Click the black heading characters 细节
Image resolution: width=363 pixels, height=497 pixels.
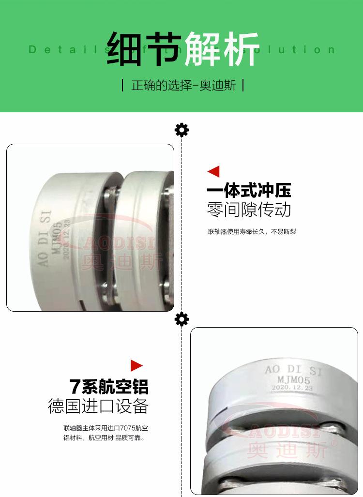(144, 49)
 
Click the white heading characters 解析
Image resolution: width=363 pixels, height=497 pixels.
(222, 49)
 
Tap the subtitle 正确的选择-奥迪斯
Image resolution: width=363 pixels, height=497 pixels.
(183, 86)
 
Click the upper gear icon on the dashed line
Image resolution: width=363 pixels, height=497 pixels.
(181, 130)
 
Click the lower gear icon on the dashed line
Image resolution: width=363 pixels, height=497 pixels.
(181, 319)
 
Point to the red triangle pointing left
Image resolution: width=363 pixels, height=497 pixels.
(213, 171)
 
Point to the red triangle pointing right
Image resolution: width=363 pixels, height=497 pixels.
(136, 366)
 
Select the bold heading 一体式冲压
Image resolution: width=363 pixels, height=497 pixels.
(249, 190)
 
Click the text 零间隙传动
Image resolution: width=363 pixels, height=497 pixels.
(249, 210)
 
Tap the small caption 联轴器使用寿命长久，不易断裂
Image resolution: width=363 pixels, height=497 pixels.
(252, 232)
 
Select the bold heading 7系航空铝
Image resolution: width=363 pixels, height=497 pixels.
(109, 387)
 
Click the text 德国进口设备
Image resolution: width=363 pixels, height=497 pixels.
(98, 406)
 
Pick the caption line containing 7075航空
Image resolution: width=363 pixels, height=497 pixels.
(106, 428)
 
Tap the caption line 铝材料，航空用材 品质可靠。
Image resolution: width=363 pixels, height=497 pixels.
(104, 438)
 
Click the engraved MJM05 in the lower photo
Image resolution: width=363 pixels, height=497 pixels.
(290, 380)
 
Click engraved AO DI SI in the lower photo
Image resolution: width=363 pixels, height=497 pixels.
(293, 371)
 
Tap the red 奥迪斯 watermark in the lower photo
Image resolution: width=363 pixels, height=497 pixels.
(287, 450)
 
